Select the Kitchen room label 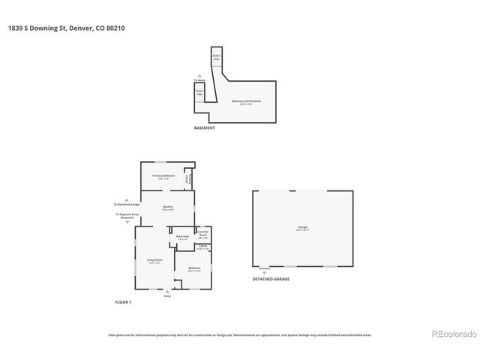(x=168, y=208)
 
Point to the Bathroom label (x=183, y=238)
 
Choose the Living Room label (x=154, y=261)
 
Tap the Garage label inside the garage (x=303, y=228)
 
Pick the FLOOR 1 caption (x=123, y=301)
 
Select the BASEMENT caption (x=205, y=128)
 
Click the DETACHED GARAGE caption (x=271, y=279)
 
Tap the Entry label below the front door (x=168, y=297)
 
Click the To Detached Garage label (x=126, y=204)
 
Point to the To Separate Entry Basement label (x=126, y=216)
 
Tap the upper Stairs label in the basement (x=217, y=56)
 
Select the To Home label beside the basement (x=199, y=79)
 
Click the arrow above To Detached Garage (x=126, y=198)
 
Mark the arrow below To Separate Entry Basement (x=126, y=223)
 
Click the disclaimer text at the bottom (x=240, y=335)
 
